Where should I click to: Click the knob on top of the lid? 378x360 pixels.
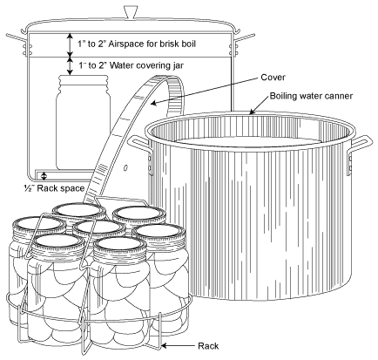(129, 12)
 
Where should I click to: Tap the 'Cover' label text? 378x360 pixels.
(273, 78)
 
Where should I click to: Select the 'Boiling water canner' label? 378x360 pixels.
(311, 96)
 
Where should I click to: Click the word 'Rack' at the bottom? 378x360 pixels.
(208, 346)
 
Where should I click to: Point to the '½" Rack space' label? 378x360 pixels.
(54, 188)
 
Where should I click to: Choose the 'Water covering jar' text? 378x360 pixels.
(146, 65)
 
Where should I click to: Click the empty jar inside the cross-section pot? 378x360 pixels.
(83, 122)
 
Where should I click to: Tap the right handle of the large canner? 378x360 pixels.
(360, 155)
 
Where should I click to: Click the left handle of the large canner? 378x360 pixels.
(140, 155)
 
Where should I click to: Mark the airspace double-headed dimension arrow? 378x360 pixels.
(70, 44)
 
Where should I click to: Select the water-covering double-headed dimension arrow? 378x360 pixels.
(70, 66)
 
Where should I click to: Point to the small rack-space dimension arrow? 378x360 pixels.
(44, 176)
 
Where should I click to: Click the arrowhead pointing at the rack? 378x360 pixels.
(164, 346)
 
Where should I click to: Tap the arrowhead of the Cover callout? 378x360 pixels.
(153, 103)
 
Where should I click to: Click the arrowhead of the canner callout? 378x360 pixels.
(252, 112)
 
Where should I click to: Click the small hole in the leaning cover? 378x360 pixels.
(125, 167)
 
